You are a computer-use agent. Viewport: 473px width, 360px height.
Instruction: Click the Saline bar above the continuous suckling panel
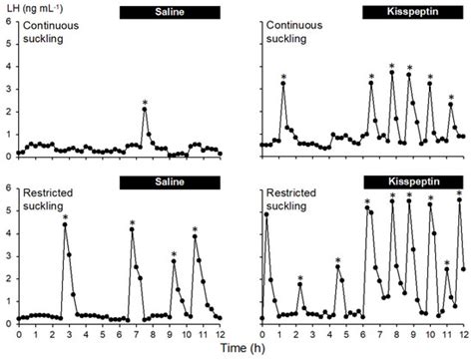pyautogui.click(x=165, y=12)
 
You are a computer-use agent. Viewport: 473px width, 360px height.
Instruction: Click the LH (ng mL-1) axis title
pyautogui.click(x=39, y=8)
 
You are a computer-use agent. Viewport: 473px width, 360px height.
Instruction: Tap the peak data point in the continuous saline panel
pyautogui.click(x=145, y=110)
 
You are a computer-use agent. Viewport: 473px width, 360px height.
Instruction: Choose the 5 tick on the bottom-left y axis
pyautogui.click(x=9, y=210)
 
